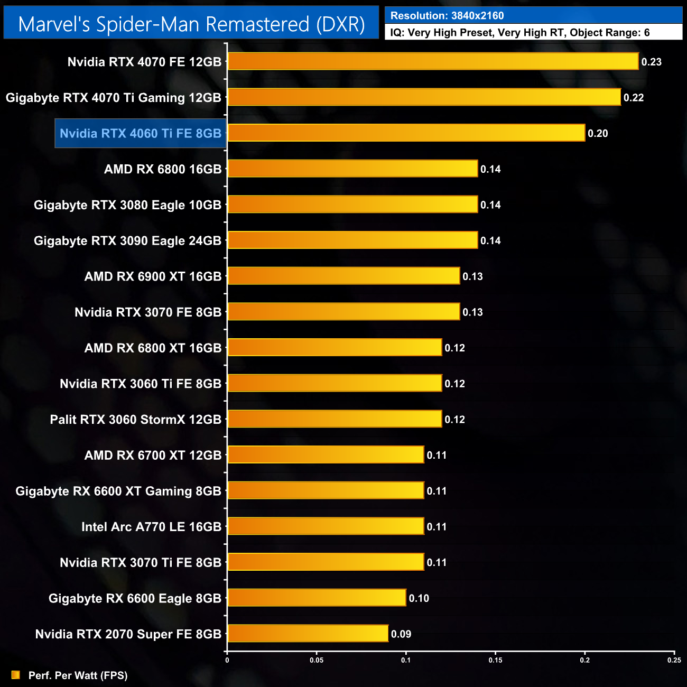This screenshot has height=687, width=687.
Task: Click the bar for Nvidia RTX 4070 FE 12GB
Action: [433, 61]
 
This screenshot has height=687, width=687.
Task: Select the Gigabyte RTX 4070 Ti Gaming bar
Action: [424, 97]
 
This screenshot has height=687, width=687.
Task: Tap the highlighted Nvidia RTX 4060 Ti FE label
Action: [141, 133]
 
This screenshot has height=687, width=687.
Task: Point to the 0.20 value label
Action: [598, 133]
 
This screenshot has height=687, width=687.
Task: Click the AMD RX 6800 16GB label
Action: [163, 169]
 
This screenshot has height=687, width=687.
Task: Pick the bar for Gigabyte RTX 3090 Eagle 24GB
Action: [352, 240]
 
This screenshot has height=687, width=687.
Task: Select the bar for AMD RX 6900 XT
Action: [343, 276]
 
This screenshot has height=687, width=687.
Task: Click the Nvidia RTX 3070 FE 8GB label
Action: [148, 312]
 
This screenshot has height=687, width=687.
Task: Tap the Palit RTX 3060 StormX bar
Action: [335, 419]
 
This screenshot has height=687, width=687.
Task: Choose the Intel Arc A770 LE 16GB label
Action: [152, 527]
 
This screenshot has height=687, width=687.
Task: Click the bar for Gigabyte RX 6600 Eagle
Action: [317, 598]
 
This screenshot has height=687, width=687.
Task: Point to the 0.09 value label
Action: [401, 634]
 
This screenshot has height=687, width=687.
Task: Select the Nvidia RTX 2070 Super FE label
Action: [128, 634]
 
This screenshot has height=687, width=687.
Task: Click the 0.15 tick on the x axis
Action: [496, 660]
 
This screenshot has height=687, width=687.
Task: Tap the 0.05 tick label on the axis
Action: [317, 660]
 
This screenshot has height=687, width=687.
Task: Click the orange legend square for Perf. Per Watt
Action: [16, 675]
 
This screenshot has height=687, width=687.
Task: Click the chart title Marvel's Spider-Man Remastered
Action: [191, 24]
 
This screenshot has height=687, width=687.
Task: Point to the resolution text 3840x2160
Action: [477, 15]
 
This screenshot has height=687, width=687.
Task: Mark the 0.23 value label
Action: [651, 62]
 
